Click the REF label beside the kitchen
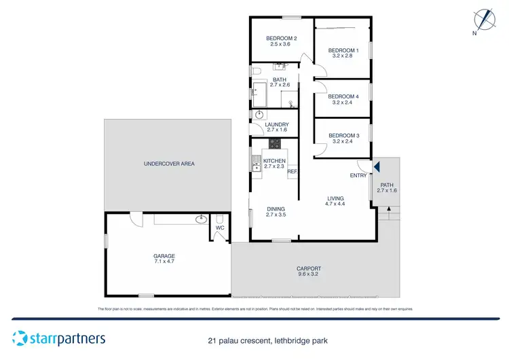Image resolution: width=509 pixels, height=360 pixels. click(293, 172)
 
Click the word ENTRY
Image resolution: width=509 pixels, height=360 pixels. click(358, 176)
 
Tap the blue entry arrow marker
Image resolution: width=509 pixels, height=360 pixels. click(377, 166)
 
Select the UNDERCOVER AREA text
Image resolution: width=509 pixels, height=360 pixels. click(169, 164)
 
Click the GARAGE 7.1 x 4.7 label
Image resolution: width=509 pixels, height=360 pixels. click(164, 259)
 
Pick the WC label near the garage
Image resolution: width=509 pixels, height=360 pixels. click(219, 228)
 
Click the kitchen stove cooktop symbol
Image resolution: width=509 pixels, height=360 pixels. click(276, 143)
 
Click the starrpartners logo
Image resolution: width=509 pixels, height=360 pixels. click(58, 338)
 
